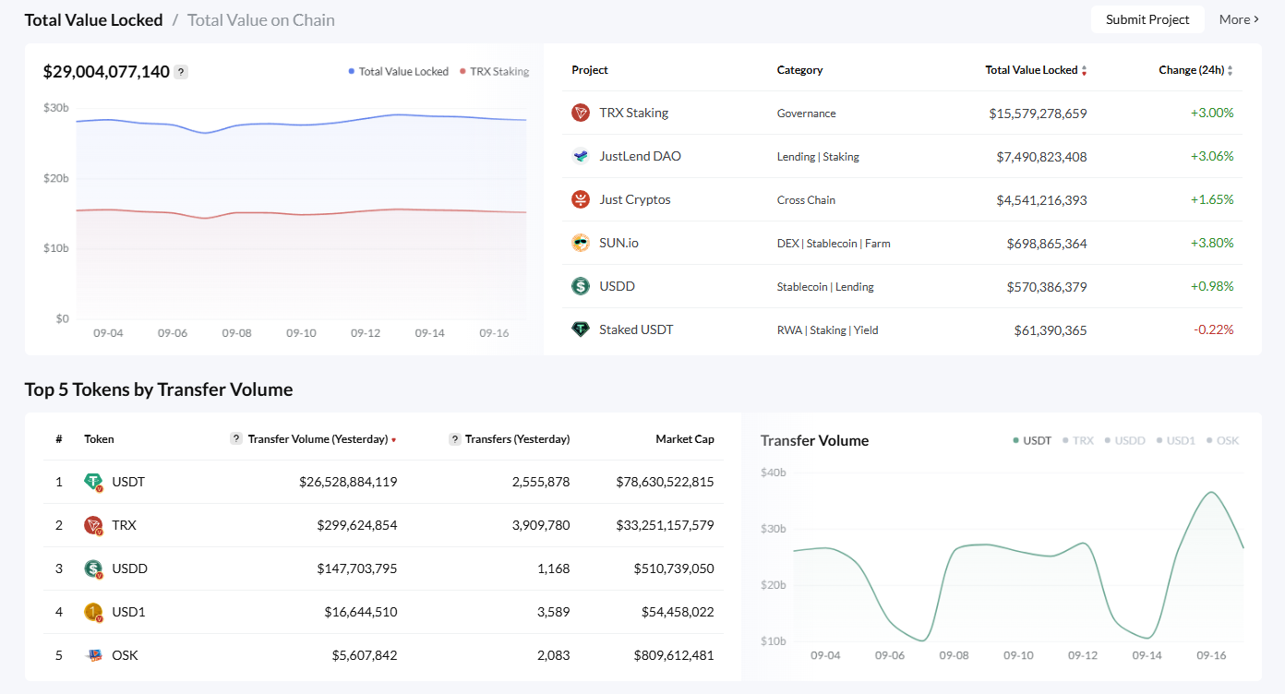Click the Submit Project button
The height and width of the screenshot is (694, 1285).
pyautogui.click(x=1147, y=19)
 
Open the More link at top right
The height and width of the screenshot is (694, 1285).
pyautogui.click(x=1238, y=19)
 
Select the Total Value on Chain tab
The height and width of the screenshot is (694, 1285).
pyautogui.click(x=260, y=19)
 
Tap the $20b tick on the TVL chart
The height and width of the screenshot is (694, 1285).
pyautogui.click(x=56, y=178)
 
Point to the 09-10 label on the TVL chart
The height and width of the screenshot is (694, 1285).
pyautogui.click(x=301, y=332)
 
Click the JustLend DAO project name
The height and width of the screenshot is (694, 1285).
pyautogui.click(x=640, y=156)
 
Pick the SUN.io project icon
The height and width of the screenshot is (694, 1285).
pyautogui.click(x=581, y=243)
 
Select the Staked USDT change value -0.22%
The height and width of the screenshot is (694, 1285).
pyautogui.click(x=1213, y=329)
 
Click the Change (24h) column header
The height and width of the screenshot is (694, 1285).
pyautogui.click(x=1190, y=70)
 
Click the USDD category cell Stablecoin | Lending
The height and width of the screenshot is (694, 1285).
pyautogui.click(x=825, y=287)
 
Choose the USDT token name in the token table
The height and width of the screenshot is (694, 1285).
pyautogui.click(x=128, y=482)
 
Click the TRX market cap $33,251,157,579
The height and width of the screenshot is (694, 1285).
pyautogui.click(x=665, y=525)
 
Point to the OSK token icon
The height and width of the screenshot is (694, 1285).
pyautogui.click(x=93, y=655)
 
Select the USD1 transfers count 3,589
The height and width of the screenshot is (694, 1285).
pyautogui.click(x=553, y=612)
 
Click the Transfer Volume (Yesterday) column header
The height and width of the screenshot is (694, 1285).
pyautogui.click(x=318, y=439)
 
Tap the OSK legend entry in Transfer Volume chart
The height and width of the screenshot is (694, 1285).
pyautogui.click(x=1227, y=440)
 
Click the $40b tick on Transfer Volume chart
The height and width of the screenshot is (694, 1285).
pyautogui.click(x=773, y=473)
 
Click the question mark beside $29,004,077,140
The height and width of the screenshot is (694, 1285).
pyautogui.click(x=181, y=72)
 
